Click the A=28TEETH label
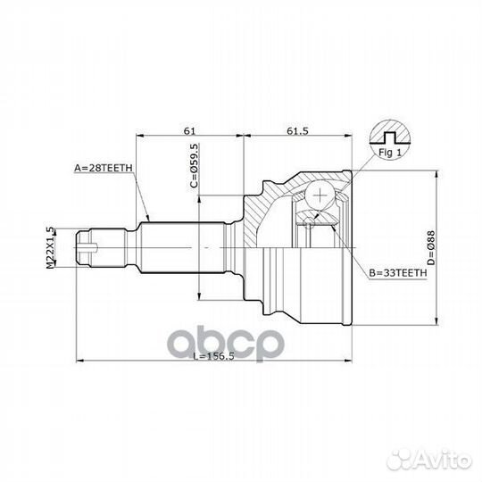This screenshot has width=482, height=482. [x=104, y=167]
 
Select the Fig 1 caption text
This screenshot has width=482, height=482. [x=387, y=153]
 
